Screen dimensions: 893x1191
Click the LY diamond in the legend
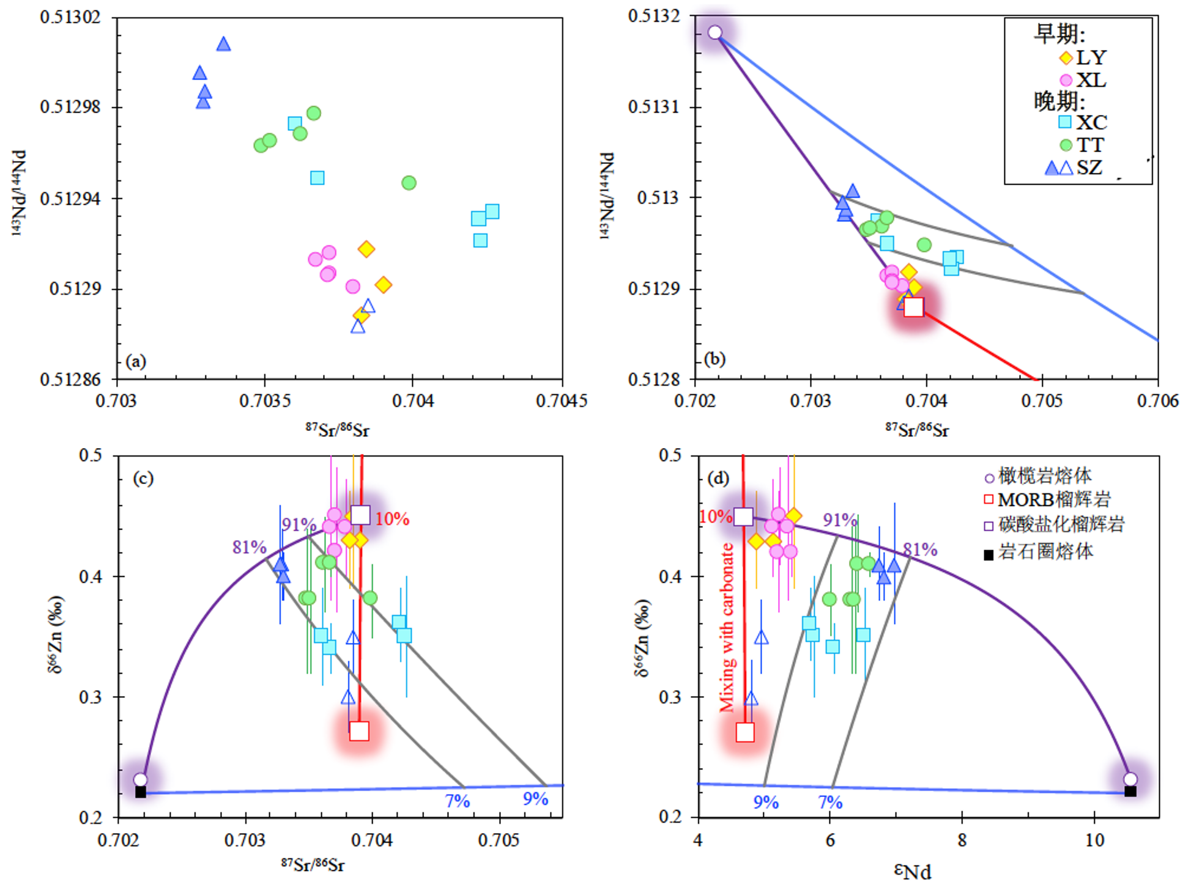pyautogui.click(x=1066, y=57)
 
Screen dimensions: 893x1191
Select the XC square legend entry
pyautogui.click(x=1065, y=122)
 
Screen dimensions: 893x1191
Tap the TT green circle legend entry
pyautogui.click(x=1066, y=145)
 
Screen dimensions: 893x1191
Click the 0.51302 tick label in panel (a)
pyautogui.click(x=70, y=17)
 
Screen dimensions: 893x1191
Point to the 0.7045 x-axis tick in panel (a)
pyautogui.click(x=561, y=401)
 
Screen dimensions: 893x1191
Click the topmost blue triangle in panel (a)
pyautogui.click(x=223, y=44)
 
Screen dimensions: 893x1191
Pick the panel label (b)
pyautogui.click(x=714, y=359)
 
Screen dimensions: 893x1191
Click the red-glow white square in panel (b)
pyautogui.click(x=913, y=307)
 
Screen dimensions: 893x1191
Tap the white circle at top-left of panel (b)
pyautogui.click(x=714, y=32)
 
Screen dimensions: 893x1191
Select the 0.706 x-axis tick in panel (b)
pyautogui.click(x=1157, y=401)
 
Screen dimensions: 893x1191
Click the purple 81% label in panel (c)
pyautogui.click(x=249, y=547)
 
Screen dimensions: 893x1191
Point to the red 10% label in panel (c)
pyautogui.click(x=392, y=519)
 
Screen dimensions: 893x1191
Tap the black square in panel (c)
pyautogui.click(x=141, y=792)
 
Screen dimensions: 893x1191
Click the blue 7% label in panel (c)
pyautogui.click(x=457, y=801)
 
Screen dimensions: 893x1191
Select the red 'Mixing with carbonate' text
pyautogui.click(x=727, y=627)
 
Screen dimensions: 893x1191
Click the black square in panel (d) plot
pyautogui.click(x=1130, y=792)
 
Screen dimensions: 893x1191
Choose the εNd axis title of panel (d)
pyautogui.click(x=913, y=872)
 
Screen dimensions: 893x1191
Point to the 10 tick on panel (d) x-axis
pyautogui.click(x=1095, y=840)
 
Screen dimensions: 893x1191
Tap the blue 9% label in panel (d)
pyautogui.click(x=766, y=802)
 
